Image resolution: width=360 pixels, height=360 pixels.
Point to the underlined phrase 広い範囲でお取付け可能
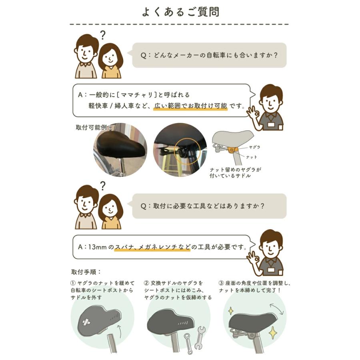(x=190, y=106)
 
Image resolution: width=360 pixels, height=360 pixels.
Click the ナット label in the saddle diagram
(x=252, y=157)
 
